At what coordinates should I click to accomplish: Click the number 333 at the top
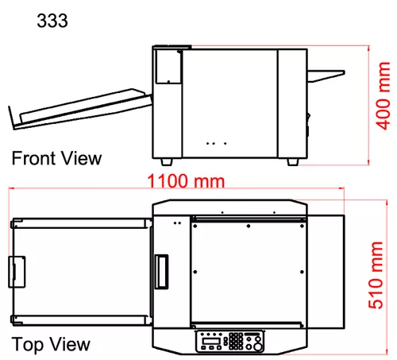(52, 21)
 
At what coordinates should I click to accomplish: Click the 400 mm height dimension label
(384, 95)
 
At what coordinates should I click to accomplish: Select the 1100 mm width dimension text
(186, 181)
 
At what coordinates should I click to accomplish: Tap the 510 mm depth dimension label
(376, 275)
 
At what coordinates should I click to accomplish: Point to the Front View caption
(56, 158)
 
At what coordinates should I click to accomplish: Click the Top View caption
(51, 344)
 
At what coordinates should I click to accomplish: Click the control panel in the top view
(229, 341)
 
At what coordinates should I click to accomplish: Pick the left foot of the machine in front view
(167, 162)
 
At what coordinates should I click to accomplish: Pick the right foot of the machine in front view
(293, 162)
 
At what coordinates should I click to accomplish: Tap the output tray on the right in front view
(326, 75)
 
